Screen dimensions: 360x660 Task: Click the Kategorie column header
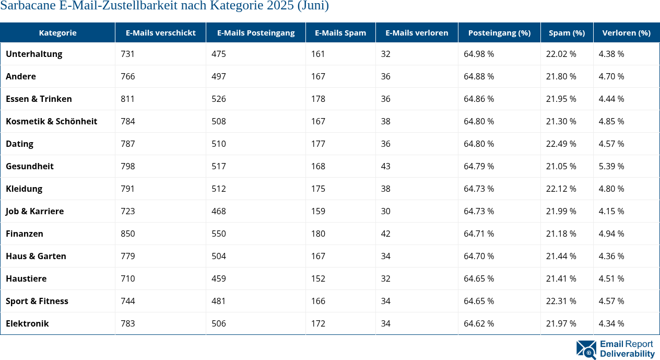point(57,32)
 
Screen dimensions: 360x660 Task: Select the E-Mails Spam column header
point(340,32)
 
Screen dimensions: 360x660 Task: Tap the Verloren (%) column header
point(626,32)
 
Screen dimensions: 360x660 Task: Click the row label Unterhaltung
point(34,54)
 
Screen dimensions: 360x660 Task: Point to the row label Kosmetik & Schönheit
point(51,121)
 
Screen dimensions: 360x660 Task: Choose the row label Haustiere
point(26,278)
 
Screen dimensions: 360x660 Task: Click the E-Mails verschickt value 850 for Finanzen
point(127,234)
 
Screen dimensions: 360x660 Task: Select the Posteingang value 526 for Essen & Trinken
point(219,99)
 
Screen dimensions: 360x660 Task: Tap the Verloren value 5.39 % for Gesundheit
point(611,166)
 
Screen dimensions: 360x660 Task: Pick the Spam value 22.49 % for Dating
point(561,144)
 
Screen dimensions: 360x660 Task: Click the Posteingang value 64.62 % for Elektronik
point(479,323)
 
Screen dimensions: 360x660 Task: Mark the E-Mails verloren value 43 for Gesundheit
point(385,166)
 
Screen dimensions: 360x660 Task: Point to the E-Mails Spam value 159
point(318,211)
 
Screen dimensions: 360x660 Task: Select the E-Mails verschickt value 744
point(127,301)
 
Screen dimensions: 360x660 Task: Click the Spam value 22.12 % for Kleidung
point(561,189)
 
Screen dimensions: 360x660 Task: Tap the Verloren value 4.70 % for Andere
point(611,76)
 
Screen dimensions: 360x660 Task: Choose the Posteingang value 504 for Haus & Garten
point(219,256)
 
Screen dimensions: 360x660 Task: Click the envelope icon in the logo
point(586,350)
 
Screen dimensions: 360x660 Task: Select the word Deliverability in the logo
point(627,354)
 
